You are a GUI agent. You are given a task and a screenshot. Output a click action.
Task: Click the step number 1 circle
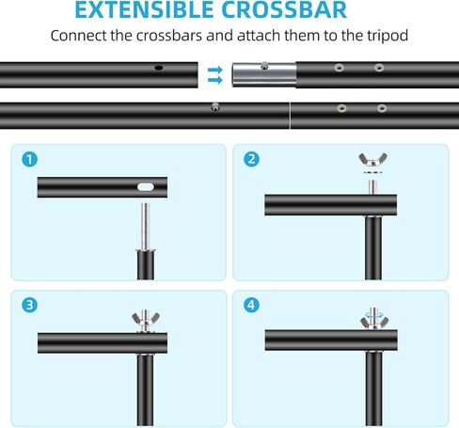coord(32,159)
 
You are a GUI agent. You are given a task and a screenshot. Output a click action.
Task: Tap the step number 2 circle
coord(251,159)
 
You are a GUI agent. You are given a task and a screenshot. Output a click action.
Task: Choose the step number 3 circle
coord(32,305)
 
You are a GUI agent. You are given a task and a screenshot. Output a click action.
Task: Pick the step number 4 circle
coord(251,305)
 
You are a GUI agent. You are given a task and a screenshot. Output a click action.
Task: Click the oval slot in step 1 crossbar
coord(147,187)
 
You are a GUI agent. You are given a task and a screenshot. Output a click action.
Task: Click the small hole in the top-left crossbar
coord(159,69)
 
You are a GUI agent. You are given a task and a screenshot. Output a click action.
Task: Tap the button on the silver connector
coord(268,66)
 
